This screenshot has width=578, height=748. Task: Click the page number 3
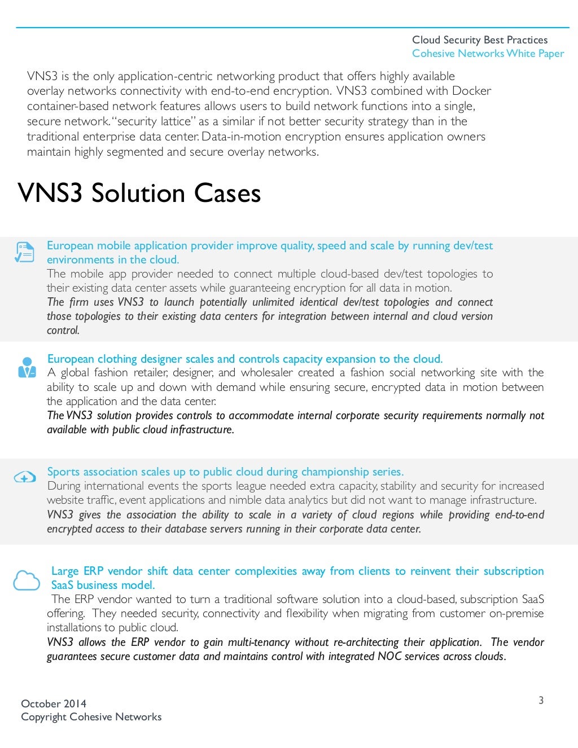(x=541, y=700)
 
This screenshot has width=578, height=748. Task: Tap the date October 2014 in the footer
(x=54, y=703)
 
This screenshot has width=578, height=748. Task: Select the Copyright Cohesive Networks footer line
(x=91, y=717)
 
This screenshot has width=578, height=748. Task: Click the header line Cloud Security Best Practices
(x=480, y=40)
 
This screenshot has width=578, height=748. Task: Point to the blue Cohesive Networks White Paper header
(x=488, y=54)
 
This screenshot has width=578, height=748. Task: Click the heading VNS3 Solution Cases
(x=139, y=193)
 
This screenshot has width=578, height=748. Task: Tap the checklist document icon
(x=24, y=252)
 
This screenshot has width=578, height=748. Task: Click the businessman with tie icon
(x=27, y=367)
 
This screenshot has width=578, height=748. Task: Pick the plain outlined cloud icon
(x=26, y=580)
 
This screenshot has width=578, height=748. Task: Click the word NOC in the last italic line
(x=389, y=656)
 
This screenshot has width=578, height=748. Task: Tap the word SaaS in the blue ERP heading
(x=62, y=585)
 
